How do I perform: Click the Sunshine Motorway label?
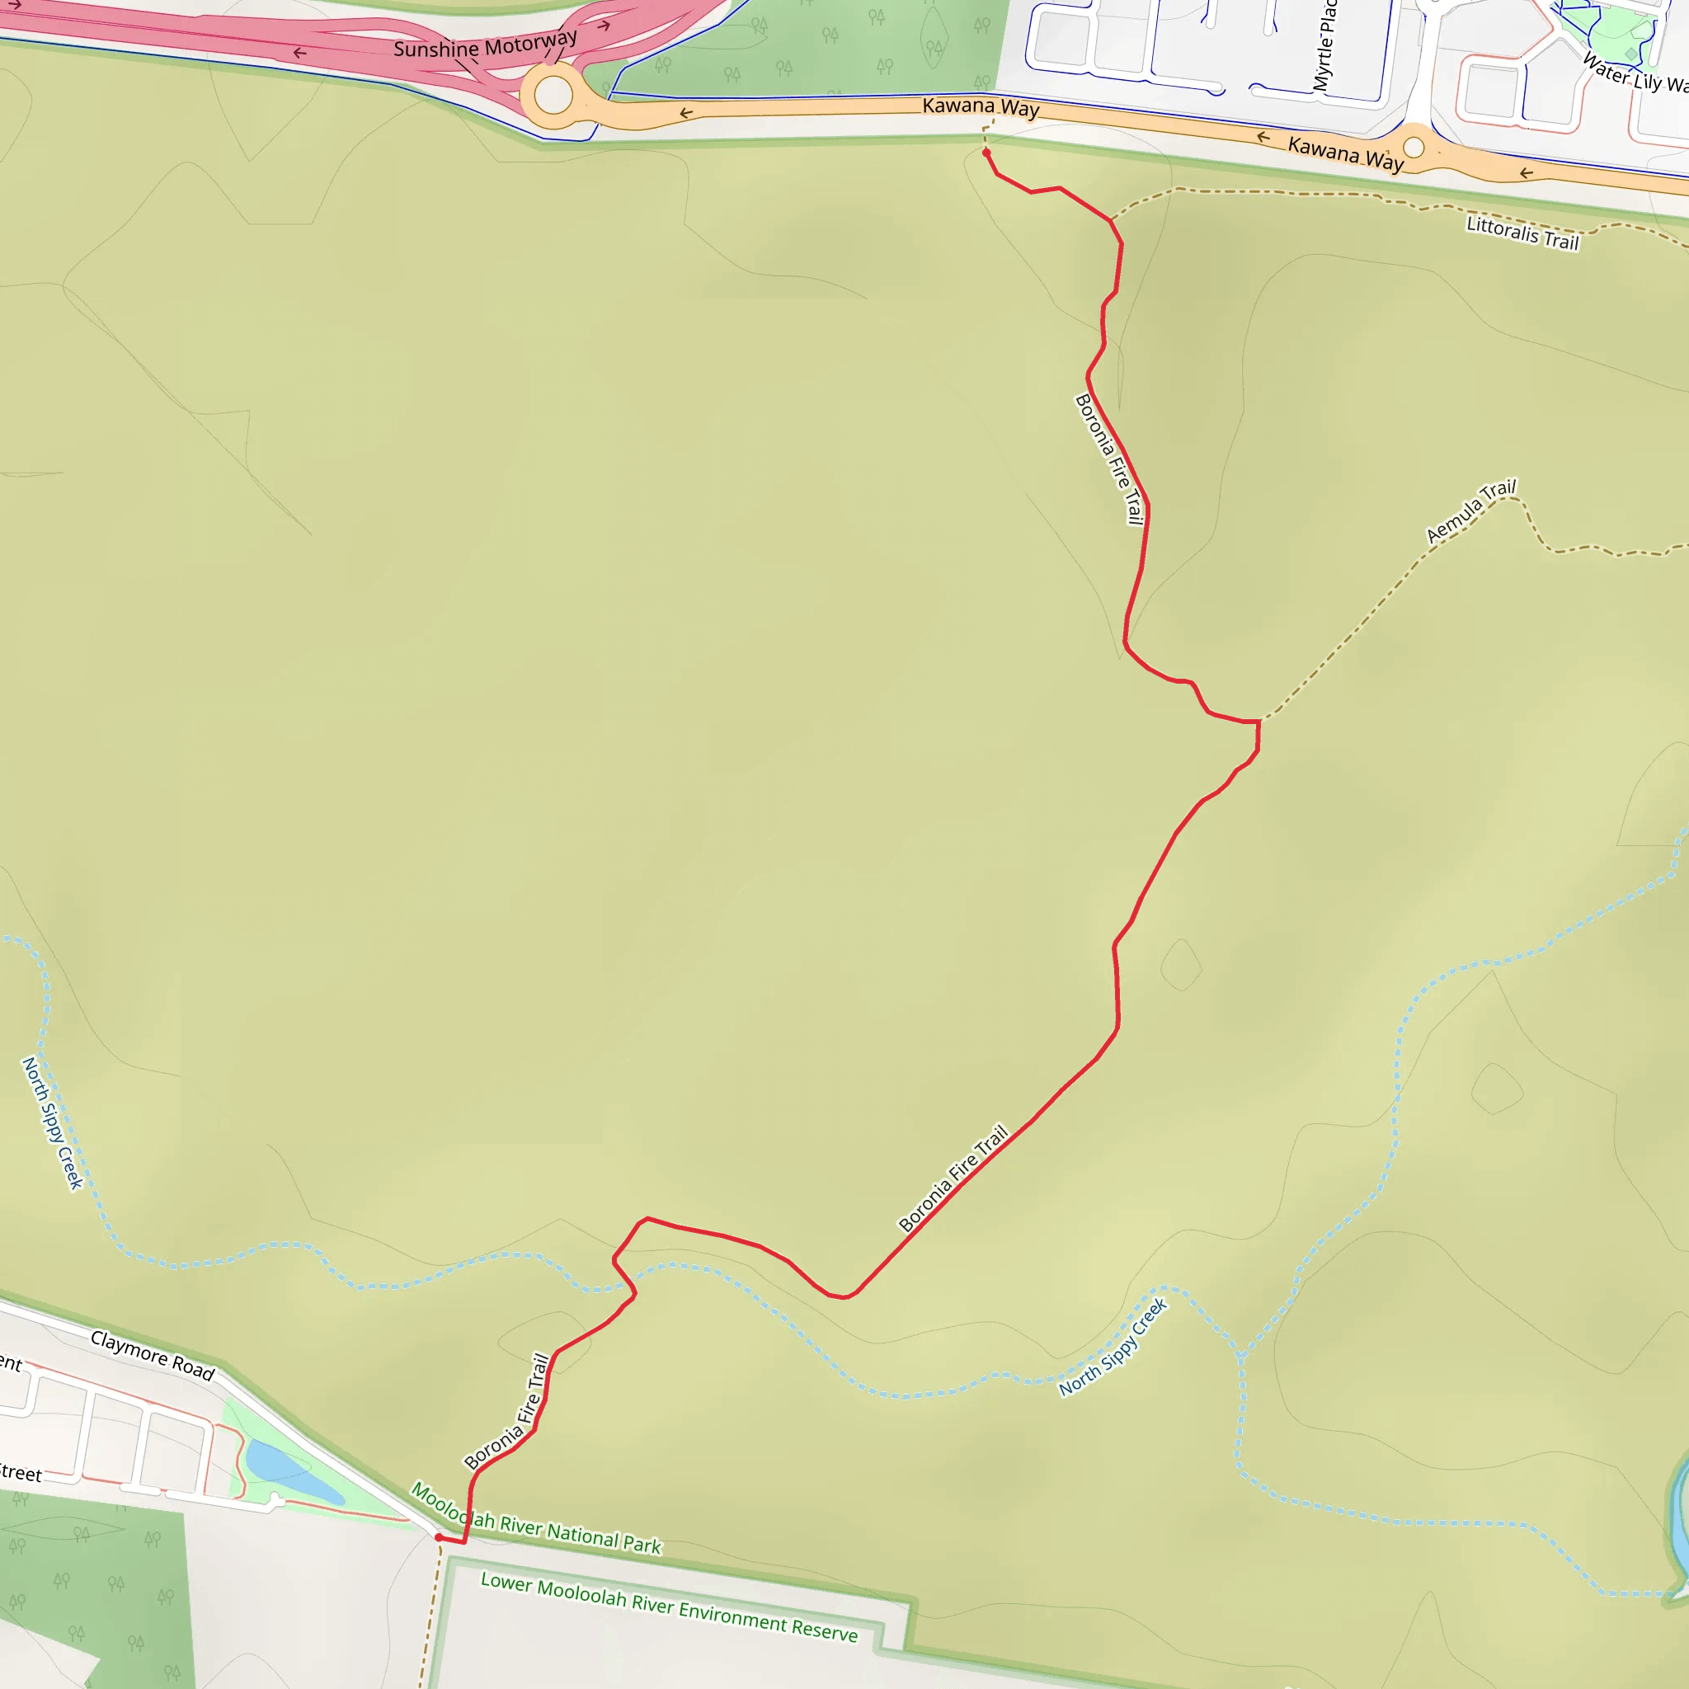pyautogui.click(x=485, y=45)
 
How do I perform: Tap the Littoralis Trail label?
pyautogui.click(x=1523, y=233)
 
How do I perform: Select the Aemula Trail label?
pyautogui.click(x=1471, y=510)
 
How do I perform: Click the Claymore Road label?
pyautogui.click(x=153, y=1355)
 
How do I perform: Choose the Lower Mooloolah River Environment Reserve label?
pyautogui.click(x=669, y=1606)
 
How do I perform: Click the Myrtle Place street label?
pyautogui.click(x=1324, y=45)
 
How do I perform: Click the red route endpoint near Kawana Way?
pyautogui.click(x=986, y=153)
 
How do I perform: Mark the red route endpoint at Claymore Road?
pyautogui.click(x=439, y=1537)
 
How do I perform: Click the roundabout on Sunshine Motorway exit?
pyautogui.click(x=553, y=94)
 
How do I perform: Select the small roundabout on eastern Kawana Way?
pyautogui.click(x=1414, y=147)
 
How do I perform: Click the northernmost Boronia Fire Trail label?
pyautogui.click(x=1109, y=459)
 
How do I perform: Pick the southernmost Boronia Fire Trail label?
pyautogui.click(x=508, y=1411)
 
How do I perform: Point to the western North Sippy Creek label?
pyautogui.click(x=53, y=1123)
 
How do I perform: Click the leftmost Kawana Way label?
pyautogui.click(x=980, y=106)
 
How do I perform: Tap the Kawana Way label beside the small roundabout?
pyautogui.click(x=1345, y=153)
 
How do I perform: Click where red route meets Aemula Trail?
pyautogui.click(x=1259, y=722)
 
